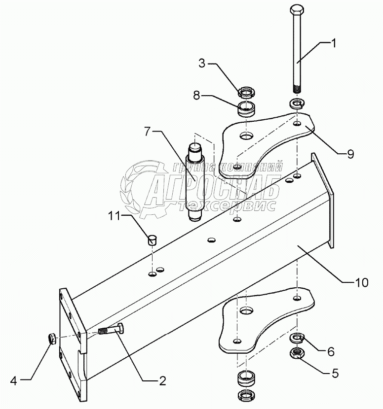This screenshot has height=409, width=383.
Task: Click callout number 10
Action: (361, 282)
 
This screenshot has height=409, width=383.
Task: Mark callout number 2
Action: (161, 380)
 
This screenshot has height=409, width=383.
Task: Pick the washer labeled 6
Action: (297, 338)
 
